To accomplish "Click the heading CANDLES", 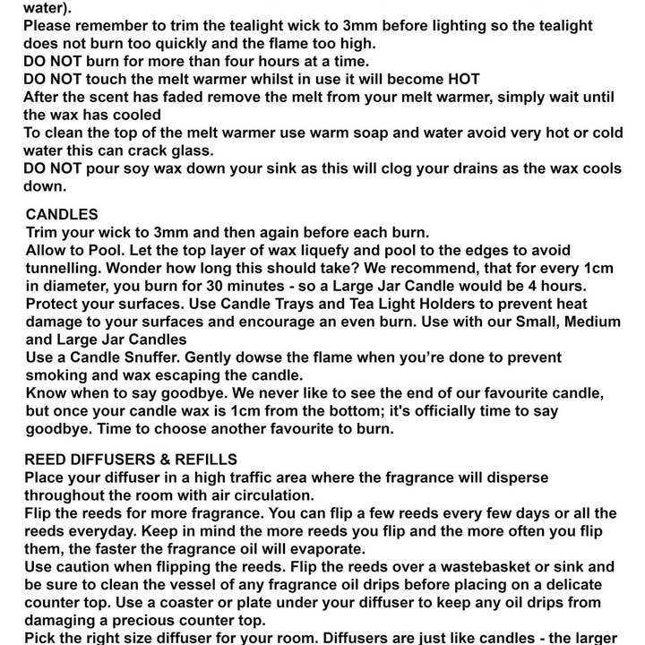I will click(x=62, y=215).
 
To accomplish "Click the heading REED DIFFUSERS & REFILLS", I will click(x=131, y=460).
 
